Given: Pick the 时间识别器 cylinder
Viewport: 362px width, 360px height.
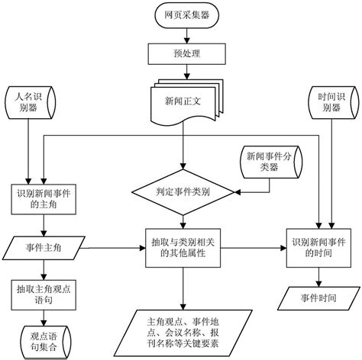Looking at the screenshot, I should [x=331, y=103].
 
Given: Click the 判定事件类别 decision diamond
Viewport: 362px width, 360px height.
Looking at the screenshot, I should [x=181, y=191].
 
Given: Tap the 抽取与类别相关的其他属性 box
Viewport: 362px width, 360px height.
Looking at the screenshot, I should [x=181, y=248].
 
